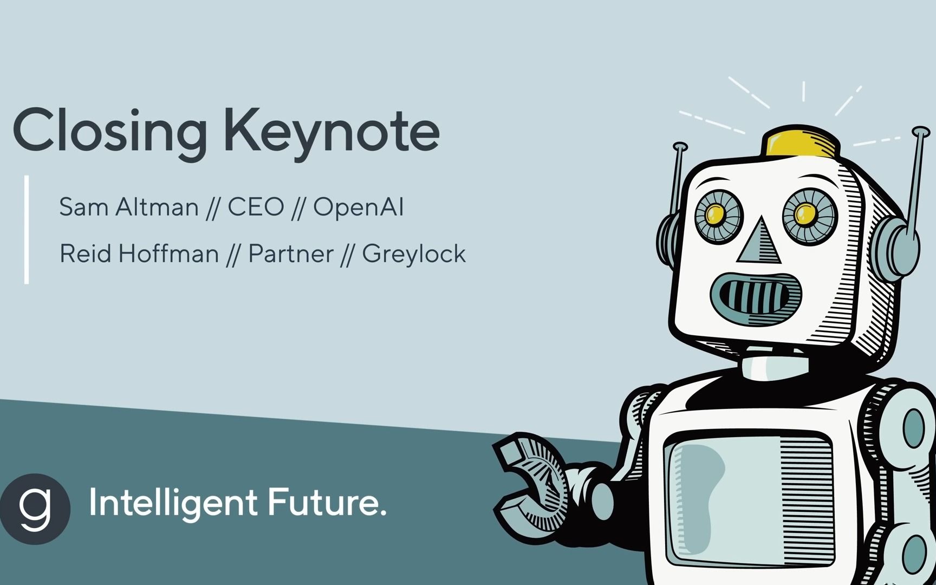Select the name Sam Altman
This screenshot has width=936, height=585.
129,207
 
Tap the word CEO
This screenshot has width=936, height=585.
256,207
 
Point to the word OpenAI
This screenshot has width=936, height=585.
359,207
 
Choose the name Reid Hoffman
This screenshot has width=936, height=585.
139,253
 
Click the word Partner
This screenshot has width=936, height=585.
291,253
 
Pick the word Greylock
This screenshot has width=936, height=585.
414,253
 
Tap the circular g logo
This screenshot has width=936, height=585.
35,509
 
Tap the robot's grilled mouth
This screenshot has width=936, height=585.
756,299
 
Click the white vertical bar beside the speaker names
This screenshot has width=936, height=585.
27,229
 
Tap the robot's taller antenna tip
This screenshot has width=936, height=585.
921,132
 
